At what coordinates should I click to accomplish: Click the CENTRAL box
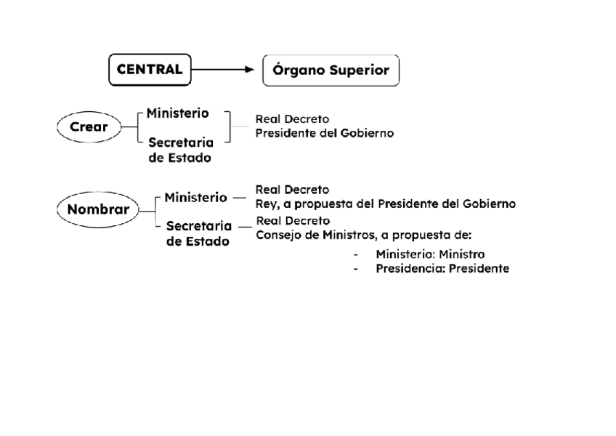pos(150,70)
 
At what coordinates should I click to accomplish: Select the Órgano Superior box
pos(330,71)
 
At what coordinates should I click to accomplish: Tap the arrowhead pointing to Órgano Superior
pos(248,70)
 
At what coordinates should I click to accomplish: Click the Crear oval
pos(89,127)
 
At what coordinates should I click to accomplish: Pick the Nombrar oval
pos(98,209)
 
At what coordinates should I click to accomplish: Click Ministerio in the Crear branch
pos(177,113)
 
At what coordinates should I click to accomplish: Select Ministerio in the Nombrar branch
pos(195,197)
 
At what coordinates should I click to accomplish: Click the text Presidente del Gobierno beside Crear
pos(325,133)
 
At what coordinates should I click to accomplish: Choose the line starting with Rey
pos(385,203)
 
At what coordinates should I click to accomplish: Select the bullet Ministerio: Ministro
pos(430,254)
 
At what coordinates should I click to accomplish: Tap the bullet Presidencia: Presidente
pos(442,268)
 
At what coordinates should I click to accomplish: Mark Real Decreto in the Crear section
pos(291,118)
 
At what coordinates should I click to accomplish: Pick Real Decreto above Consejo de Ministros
pos(293,220)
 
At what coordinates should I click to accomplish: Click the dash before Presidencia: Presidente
pos(355,269)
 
